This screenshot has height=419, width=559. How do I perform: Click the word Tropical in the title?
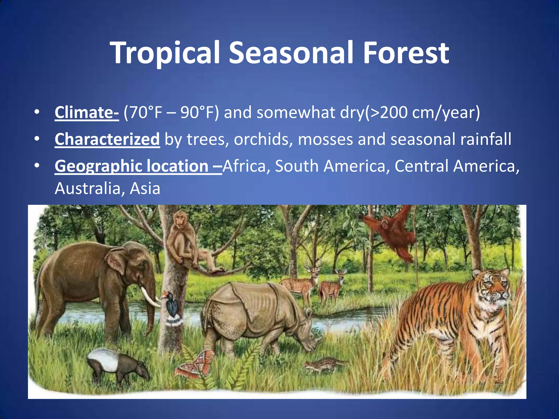[165, 53]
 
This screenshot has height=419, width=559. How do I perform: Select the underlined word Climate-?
[87, 112]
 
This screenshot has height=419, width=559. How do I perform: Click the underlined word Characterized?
[107, 139]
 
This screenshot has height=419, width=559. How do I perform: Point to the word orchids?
[263, 139]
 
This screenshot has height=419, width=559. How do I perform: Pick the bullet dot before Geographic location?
[37, 166]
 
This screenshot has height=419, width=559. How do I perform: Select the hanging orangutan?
[393, 235]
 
